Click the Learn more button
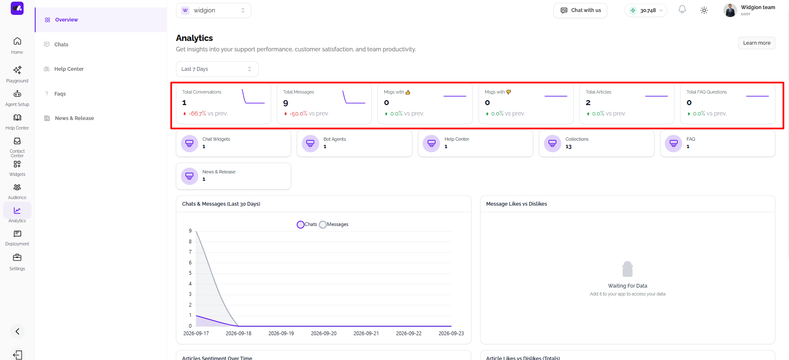(757, 43)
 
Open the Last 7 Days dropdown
(217, 69)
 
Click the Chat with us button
(580, 10)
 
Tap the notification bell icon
(682, 10)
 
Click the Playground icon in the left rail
(17, 70)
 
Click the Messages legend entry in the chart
(334, 224)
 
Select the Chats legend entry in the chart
(307, 224)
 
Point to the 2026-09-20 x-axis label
(324, 334)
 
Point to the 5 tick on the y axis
(190, 273)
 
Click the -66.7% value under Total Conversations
(197, 113)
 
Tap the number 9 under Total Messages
(286, 103)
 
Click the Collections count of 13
(568, 146)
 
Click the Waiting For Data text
(628, 286)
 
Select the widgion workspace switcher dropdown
(214, 10)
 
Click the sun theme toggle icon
(704, 10)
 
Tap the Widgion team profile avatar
(730, 10)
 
